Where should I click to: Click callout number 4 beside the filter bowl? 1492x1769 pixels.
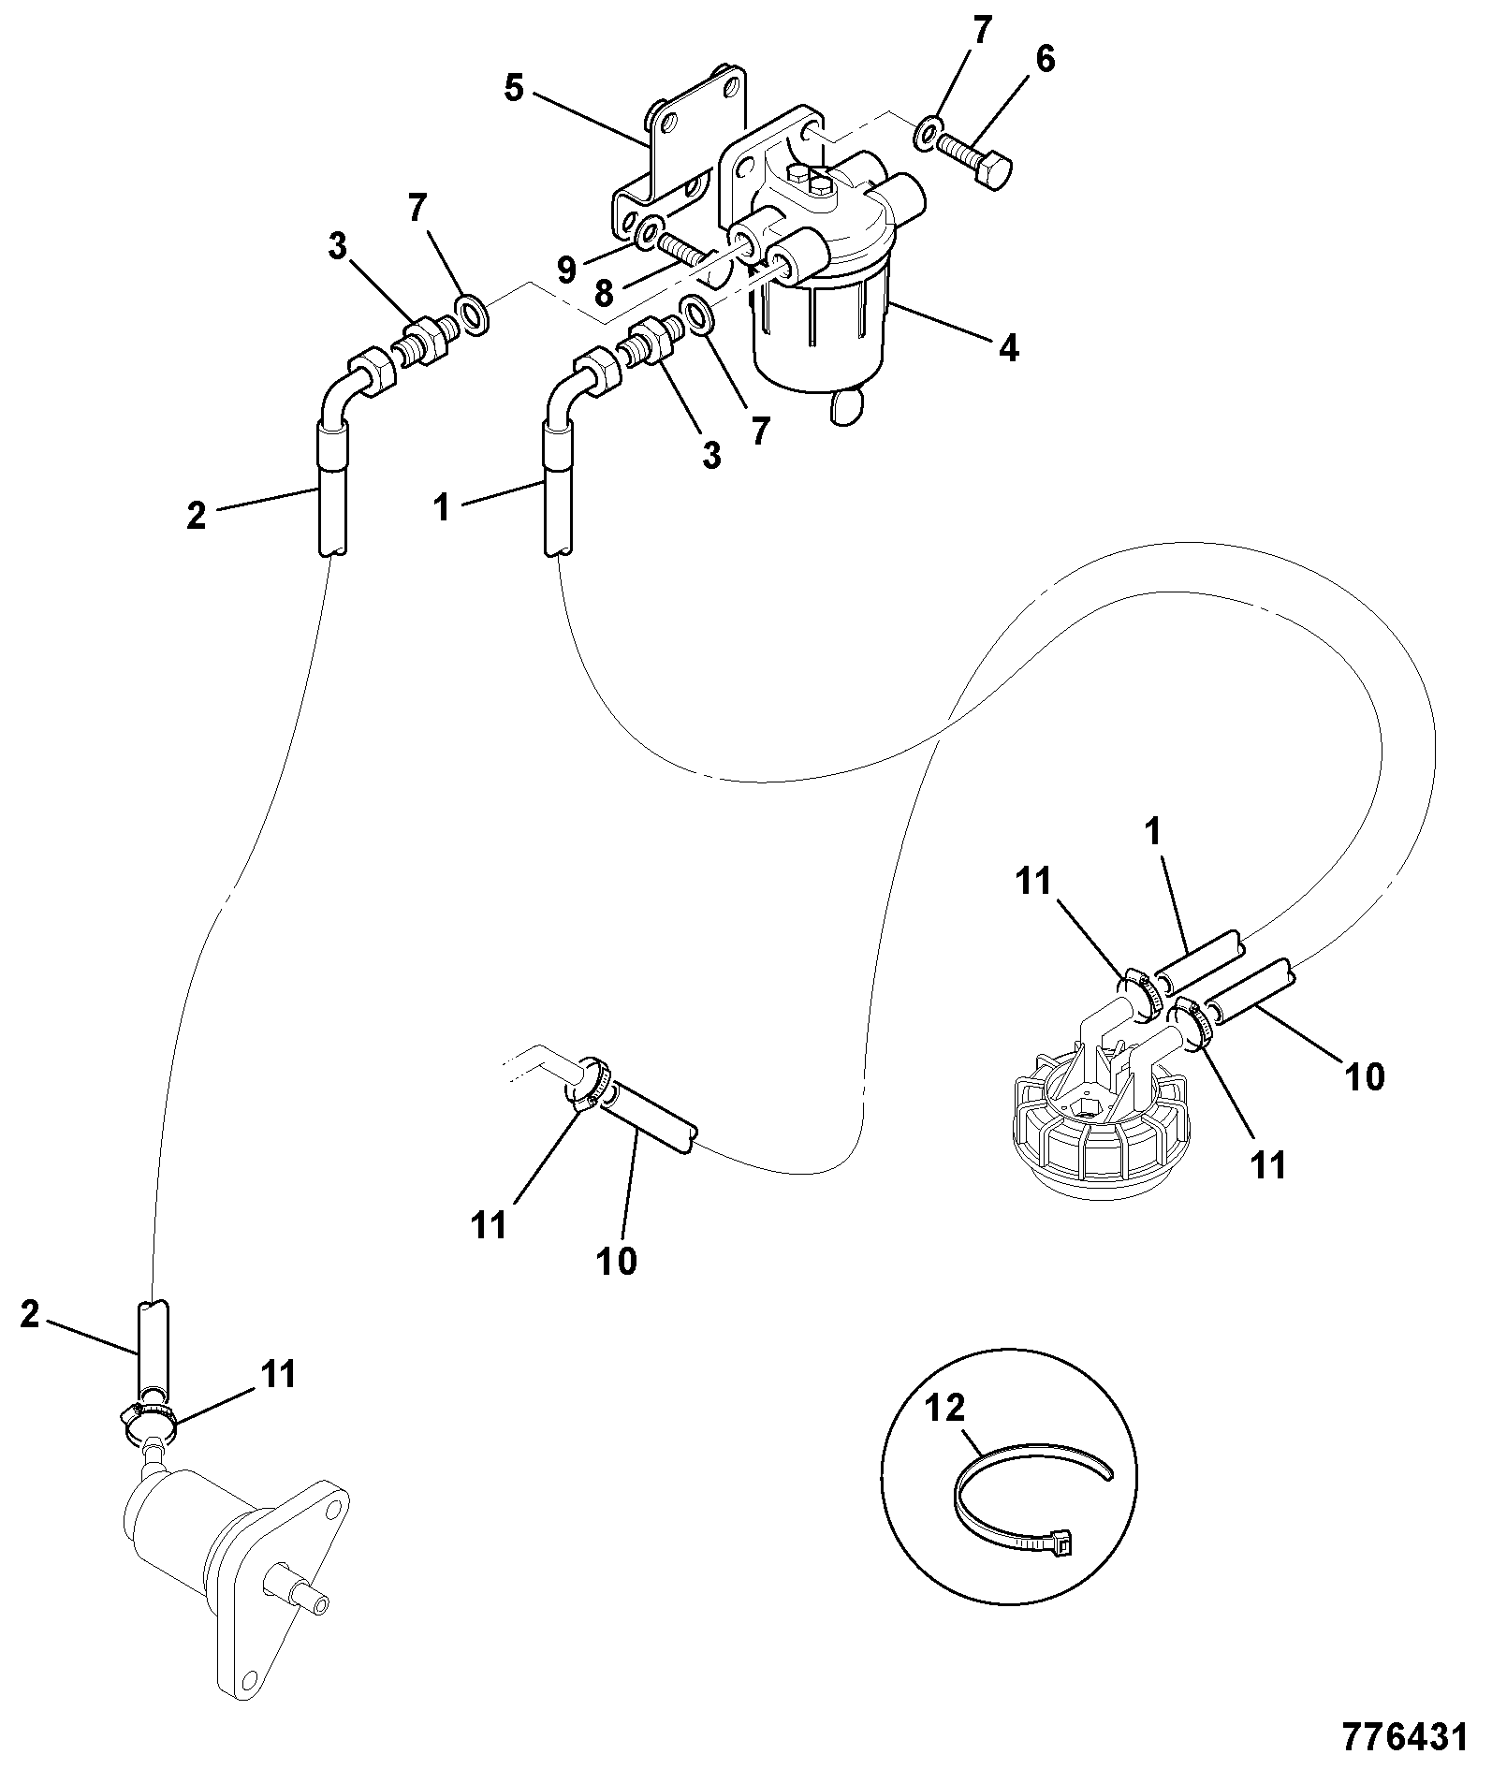point(1007,349)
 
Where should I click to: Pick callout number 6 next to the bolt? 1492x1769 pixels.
point(1045,60)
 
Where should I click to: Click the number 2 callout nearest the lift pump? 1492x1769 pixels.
point(30,1315)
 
